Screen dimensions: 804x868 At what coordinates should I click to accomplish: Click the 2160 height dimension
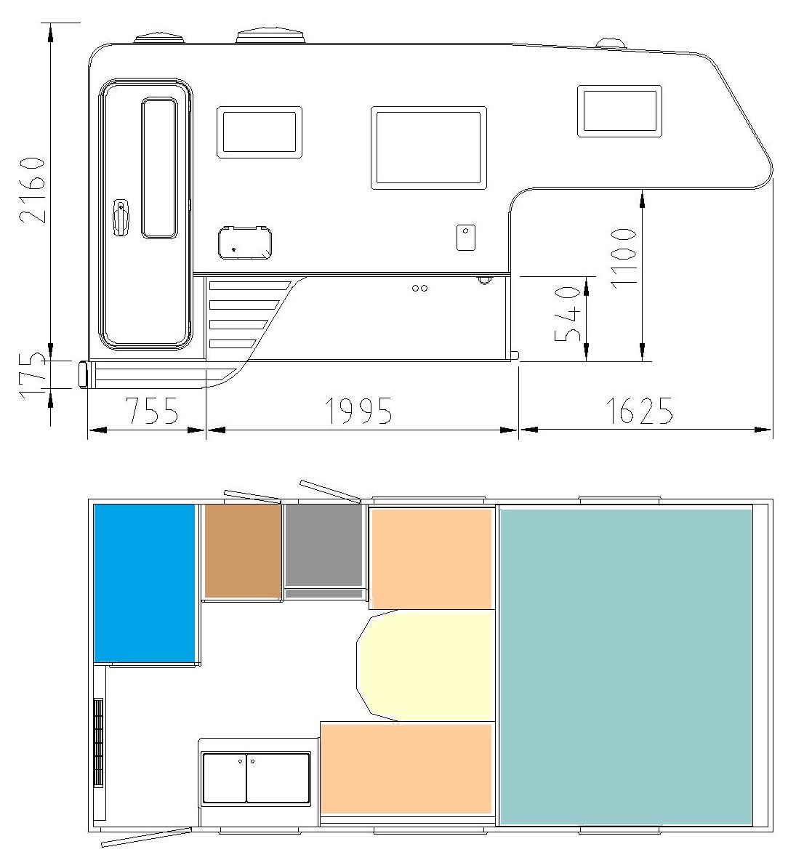pyautogui.click(x=33, y=190)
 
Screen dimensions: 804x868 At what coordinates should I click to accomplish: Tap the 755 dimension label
pyautogui.click(x=152, y=411)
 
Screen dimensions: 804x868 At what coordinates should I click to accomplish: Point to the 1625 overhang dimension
pyautogui.click(x=640, y=411)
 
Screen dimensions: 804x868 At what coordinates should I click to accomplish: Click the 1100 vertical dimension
pyautogui.click(x=623, y=257)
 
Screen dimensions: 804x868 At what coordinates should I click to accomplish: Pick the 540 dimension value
pyautogui.click(x=568, y=314)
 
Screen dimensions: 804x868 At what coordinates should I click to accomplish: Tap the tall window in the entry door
pyautogui.click(x=159, y=168)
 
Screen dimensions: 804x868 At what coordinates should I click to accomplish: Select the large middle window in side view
pyautogui.click(x=429, y=148)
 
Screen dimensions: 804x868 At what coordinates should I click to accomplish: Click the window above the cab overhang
pyautogui.click(x=619, y=110)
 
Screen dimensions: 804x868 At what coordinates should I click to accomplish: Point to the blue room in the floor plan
pyautogui.click(x=145, y=583)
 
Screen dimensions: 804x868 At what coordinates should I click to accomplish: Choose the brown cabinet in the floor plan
pyautogui.click(x=243, y=551)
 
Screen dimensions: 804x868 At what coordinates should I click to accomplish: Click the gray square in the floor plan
pyautogui.click(x=324, y=547)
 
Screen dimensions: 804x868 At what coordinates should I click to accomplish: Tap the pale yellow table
pyautogui.click(x=425, y=666)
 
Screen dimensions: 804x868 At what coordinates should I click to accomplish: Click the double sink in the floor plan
pyautogui.click(x=257, y=778)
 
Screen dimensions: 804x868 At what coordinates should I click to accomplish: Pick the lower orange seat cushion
pyautogui.click(x=406, y=769)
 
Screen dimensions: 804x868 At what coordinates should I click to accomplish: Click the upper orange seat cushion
pyautogui.click(x=431, y=558)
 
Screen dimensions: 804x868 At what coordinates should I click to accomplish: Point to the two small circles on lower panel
pyautogui.click(x=419, y=288)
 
